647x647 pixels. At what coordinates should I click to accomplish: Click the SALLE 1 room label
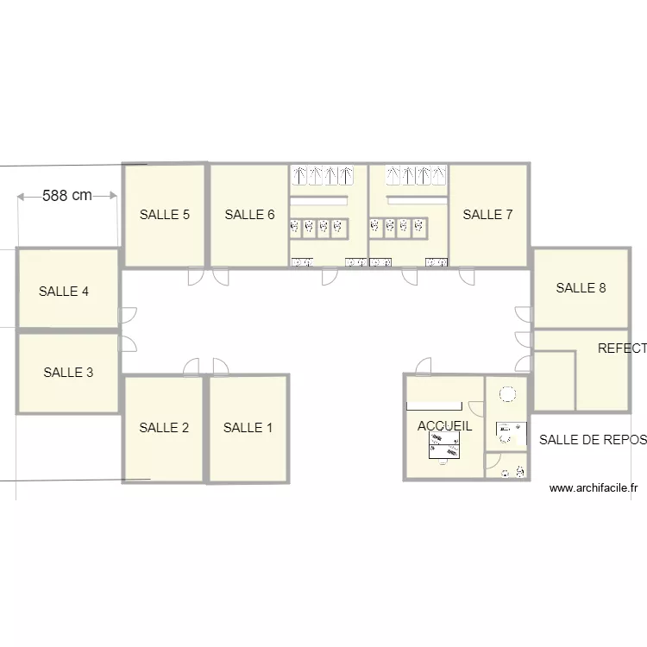[x=248, y=428]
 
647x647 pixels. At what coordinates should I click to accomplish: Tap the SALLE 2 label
[x=164, y=428]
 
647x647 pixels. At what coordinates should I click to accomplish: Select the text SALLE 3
[x=68, y=373]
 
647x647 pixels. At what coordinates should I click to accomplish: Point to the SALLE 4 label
[x=64, y=292]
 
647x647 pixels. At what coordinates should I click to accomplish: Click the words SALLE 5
[x=164, y=215]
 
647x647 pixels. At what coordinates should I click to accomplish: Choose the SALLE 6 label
[x=249, y=215]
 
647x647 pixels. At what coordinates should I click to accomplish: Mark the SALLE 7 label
[x=487, y=215]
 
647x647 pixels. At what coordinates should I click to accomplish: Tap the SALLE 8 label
[x=581, y=288]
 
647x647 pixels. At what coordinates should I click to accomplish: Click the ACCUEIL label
[x=444, y=426]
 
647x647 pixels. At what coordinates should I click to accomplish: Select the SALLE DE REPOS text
[x=592, y=440]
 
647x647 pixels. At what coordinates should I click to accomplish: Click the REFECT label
[x=621, y=349]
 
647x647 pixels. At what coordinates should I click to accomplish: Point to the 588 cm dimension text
[x=67, y=196]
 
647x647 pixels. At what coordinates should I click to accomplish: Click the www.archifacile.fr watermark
[x=593, y=488]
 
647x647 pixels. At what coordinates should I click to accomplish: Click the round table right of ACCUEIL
[x=507, y=394]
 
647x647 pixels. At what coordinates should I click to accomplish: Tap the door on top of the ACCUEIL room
[x=424, y=367]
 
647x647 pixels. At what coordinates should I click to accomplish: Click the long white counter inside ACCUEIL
[x=434, y=405]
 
